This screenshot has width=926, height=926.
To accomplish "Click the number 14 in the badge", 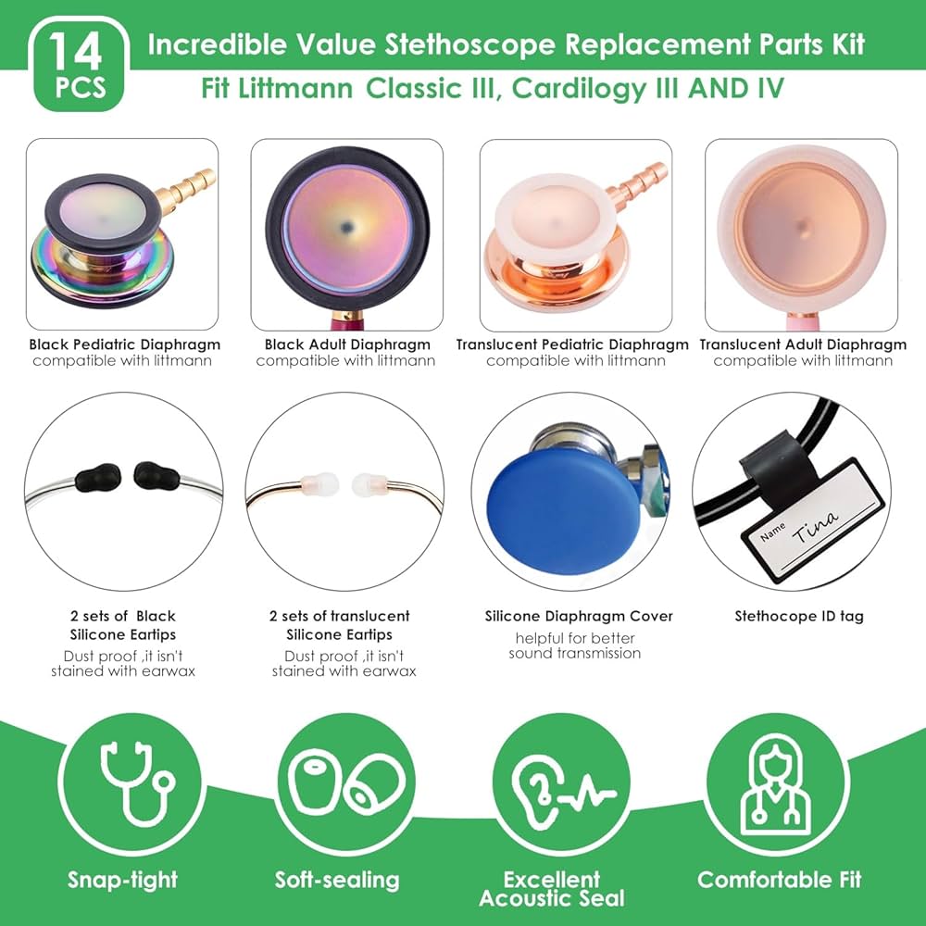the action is click(75, 52).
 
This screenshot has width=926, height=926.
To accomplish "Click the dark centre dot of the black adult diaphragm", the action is click(346, 226).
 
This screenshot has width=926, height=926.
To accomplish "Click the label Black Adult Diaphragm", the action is click(347, 344).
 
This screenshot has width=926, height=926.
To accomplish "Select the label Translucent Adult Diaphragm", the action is click(803, 344).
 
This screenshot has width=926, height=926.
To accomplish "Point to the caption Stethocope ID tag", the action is click(799, 616).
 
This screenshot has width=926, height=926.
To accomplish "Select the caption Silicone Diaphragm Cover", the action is click(579, 616).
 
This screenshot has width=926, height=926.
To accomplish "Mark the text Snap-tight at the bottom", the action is click(122, 880).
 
